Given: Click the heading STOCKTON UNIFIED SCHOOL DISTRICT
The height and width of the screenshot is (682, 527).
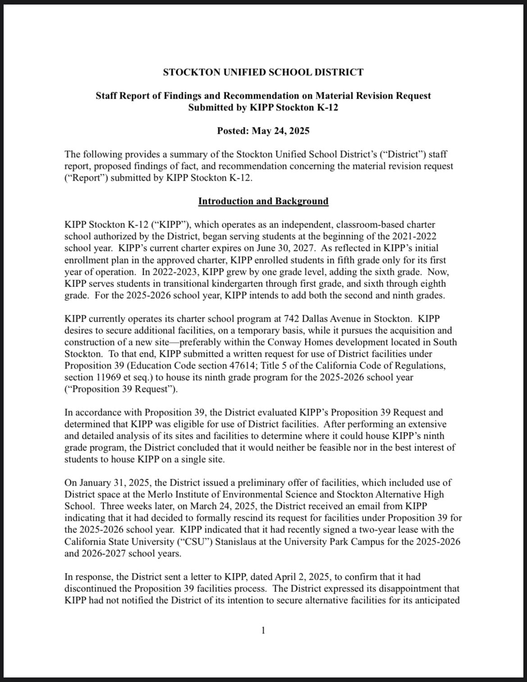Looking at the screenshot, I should (263, 72).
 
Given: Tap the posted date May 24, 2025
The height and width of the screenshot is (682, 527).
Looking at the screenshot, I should (280, 131).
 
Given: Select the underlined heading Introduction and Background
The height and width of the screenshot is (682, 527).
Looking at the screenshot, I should (263, 201).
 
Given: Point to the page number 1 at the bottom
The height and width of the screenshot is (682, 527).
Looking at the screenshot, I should (263, 630).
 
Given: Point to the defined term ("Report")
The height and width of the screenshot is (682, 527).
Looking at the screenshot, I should (86, 177).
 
